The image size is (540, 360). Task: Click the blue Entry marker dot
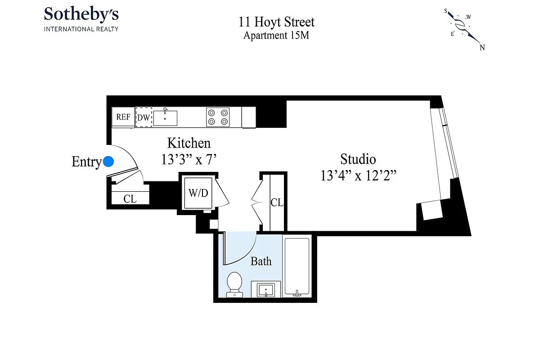[108, 162]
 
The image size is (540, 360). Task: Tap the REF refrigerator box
[123, 117]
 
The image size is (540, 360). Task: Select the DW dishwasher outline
[144, 117]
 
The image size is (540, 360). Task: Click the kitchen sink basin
[165, 118]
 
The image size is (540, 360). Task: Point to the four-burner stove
[218, 117]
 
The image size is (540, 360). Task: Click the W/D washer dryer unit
[198, 193]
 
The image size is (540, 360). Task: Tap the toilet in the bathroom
[234, 283]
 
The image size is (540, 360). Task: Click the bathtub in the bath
[297, 267]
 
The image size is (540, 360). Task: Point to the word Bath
[261, 261]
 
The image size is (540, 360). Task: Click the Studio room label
[358, 159]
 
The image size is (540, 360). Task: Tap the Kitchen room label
[189, 143]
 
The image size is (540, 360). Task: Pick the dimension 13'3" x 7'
[189, 159]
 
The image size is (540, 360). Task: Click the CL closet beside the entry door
[130, 198]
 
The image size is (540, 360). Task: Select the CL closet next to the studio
[277, 202]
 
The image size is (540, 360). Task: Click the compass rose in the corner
[463, 27]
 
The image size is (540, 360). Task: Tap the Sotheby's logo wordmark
[81, 14]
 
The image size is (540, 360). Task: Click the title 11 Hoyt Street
[276, 22]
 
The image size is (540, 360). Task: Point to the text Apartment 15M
[276, 36]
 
